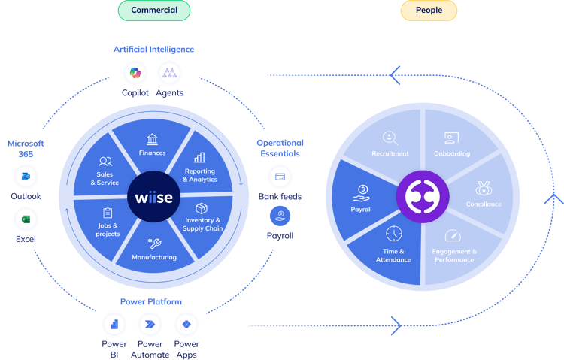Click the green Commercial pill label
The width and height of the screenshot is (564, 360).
click(x=154, y=11)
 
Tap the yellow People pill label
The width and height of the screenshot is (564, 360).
click(x=429, y=11)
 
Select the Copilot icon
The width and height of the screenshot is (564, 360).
click(x=135, y=73)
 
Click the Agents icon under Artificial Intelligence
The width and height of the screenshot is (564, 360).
click(x=169, y=73)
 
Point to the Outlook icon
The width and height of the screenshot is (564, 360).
click(x=26, y=177)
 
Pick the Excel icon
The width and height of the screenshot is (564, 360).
click(x=26, y=219)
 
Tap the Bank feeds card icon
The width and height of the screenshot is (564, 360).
click(x=280, y=177)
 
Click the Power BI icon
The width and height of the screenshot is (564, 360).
click(x=114, y=325)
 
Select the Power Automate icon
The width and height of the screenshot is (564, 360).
click(x=150, y=325)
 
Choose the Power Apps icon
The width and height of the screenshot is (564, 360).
click(x=186, y=325)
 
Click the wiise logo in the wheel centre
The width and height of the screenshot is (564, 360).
click(x=153, y=197)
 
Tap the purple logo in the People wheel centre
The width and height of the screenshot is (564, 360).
click(x=423, y=197)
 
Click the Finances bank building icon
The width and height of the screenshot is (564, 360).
click(x=152, y=139)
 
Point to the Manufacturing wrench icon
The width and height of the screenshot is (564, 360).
click(x=155, y=244)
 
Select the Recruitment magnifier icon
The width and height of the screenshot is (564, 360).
click(x=390, y=138)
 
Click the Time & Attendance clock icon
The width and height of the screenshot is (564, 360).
click(x=394, y=234)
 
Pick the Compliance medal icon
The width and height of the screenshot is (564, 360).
click(x=484, y=188)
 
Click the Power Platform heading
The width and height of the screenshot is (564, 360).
click(x=151, y=301)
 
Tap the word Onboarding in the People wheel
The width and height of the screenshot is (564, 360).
click(x=452, y=153)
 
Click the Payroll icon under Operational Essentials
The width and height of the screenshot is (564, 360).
click(x=280, y=216)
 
